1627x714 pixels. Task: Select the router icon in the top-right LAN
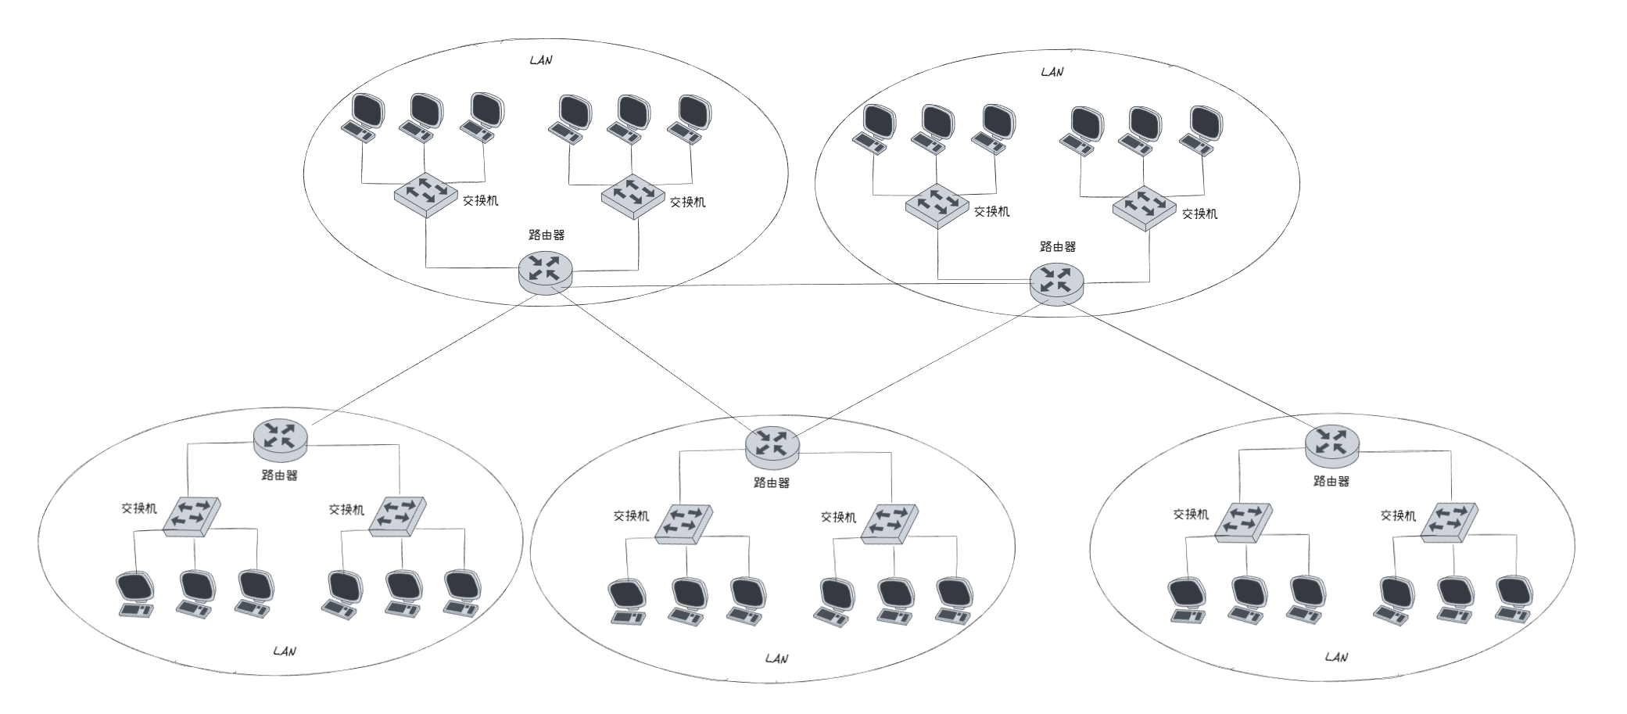tap(1056, 283)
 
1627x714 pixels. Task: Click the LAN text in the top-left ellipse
tap(541, 60)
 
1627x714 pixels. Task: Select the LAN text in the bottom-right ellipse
tap(1336, 657)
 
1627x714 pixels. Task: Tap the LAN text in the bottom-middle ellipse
tap(776, 658)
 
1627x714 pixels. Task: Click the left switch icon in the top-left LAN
tap(425, 194)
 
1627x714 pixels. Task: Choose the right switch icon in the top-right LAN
tap(1144, 207)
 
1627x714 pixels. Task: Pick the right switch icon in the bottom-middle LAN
tap(890, 523)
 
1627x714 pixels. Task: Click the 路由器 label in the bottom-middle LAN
tap(772, 483)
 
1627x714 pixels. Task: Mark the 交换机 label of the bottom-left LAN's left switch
tap(139, 508)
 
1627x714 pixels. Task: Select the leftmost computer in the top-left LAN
tap(362, 119)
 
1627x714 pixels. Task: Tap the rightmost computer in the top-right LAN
tap(1202, 129)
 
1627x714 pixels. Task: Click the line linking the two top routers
tap(797, 285)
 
